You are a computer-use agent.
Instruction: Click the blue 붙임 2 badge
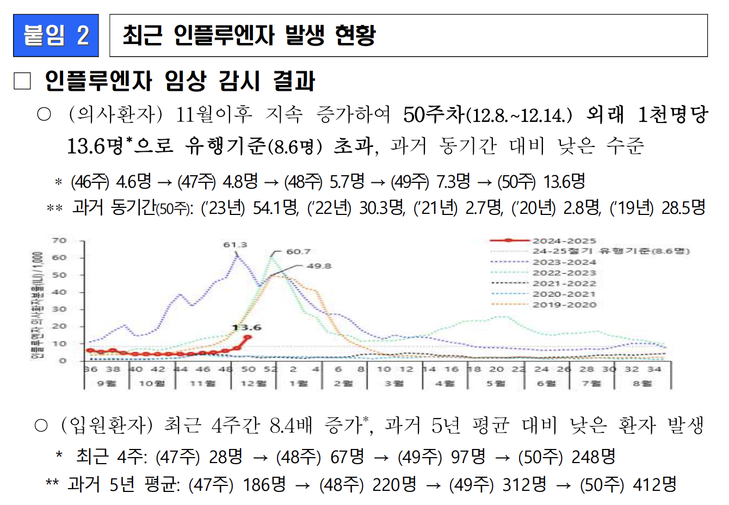click(x=56, y=35)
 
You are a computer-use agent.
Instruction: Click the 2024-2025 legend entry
click(x=564, y=241)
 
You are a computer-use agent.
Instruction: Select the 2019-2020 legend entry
click(x=564, y=305)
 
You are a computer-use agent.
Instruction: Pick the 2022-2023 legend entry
click(x=564, y=273)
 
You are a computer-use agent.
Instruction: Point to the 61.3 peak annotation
click(x=235, y=245)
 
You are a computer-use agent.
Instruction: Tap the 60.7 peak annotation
click(x=298, y=251)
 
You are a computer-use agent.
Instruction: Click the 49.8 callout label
click(x=319, y=266)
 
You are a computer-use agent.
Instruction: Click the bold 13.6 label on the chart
click(x=246, y=327)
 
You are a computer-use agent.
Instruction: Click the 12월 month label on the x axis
click(x=251, y=383)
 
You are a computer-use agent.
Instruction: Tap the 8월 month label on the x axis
click(x=642, y=383)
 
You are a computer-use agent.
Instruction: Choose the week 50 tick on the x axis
click(x=248, y=369)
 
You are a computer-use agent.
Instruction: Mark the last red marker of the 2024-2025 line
click(x=248, y=337)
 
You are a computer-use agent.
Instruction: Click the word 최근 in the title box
click(x=143, y=35)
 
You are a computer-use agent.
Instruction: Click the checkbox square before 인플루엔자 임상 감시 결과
click(x=22, y=81)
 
